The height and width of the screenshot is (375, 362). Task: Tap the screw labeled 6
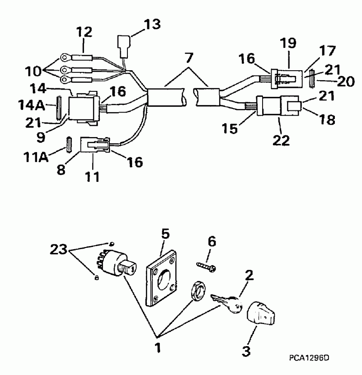click(x=206, y=266)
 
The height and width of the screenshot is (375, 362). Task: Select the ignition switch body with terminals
click(x=114, y=262)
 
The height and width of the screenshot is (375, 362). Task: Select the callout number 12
click(x=84, y=32)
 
